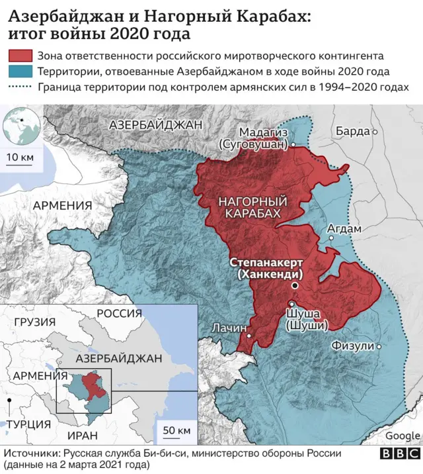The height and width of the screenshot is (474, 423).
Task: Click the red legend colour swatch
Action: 20,56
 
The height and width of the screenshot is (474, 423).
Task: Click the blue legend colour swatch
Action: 20,71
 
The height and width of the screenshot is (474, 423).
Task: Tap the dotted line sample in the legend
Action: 20,87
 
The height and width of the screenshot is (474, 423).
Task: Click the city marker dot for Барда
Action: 375,132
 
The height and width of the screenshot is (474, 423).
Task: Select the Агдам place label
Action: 345,229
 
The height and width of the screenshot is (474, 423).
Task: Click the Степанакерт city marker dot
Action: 295,286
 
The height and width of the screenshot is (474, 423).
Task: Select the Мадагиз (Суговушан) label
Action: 254,138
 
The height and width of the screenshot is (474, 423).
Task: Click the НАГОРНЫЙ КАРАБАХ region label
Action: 252,207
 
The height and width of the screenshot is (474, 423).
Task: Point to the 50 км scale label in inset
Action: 176,431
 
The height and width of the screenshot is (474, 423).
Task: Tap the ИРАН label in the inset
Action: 82,435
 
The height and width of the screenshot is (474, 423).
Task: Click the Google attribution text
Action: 403,436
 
